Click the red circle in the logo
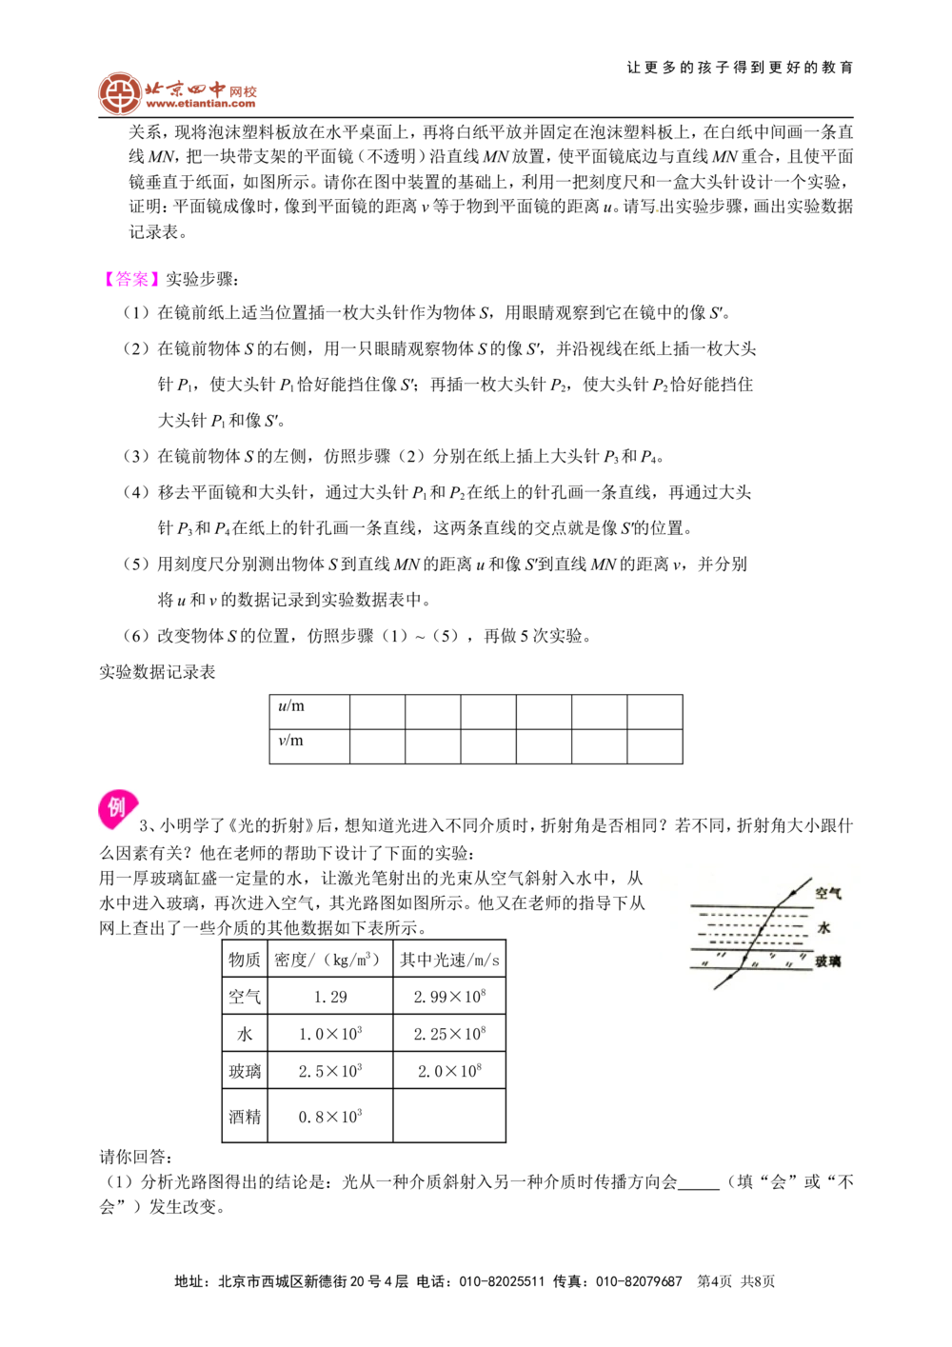(x=119, y=93)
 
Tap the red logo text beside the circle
(x=201, y=93)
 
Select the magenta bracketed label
(x=130, y=279)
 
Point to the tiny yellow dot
(x=657, y=209)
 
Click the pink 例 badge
(x=116, y=810)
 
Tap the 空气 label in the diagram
(x=828, y=894)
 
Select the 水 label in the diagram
(x=824, y=927)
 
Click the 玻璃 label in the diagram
(x=828, y=961)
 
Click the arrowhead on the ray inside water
(x=761, y=929)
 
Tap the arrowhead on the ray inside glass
(x=744, y=956)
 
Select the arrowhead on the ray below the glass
(x=729, y=978)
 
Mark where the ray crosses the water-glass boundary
(x=750, y=949)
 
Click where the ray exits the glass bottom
(x=740, y=968)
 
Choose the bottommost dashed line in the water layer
(x=752, y=941)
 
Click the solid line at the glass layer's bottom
(x=752, y=968)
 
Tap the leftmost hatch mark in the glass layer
(x=704, y=962)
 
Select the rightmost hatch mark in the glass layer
(x=803, y=955)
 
